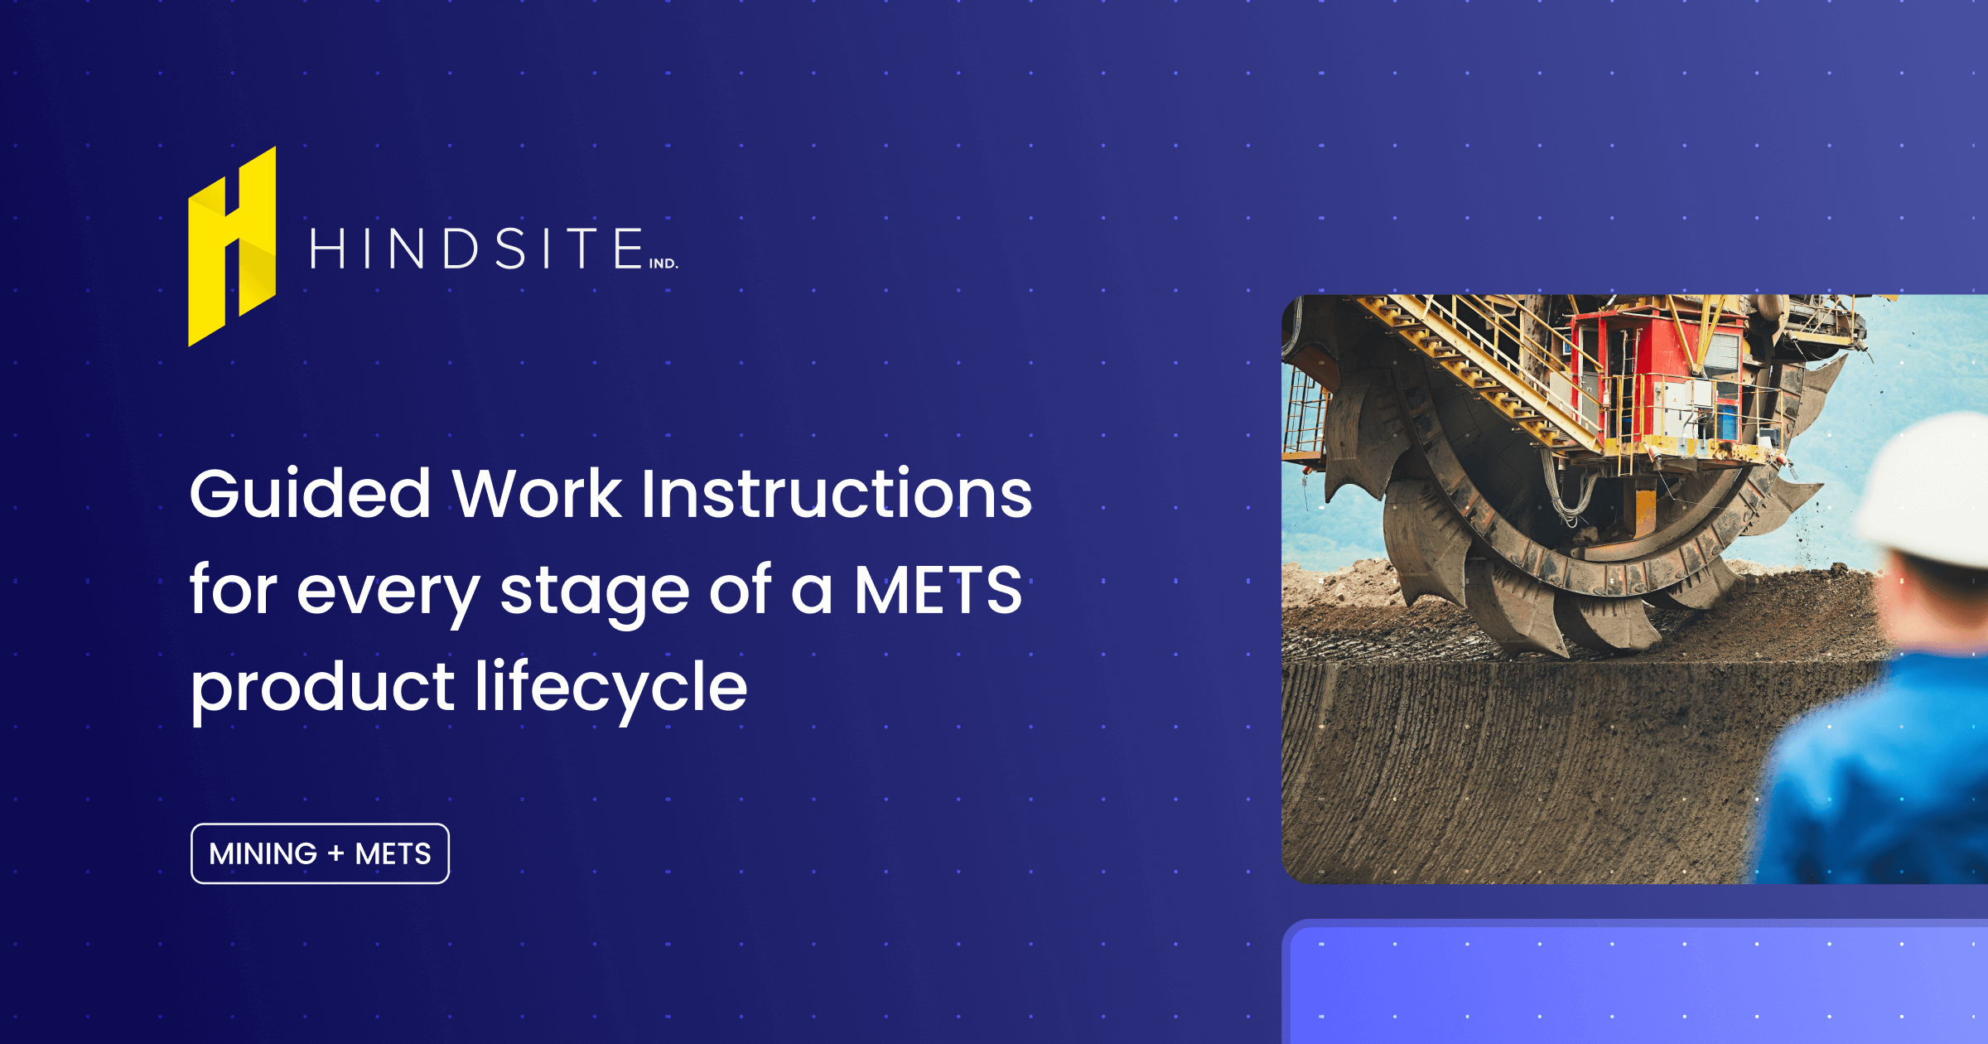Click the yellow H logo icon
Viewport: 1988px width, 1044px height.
click(232, 247)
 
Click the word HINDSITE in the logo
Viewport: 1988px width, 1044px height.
click(476, 249)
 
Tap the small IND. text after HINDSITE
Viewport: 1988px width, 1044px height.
click(663, 263)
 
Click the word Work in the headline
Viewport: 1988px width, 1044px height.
click(537, 495)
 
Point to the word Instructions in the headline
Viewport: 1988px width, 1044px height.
click(837, 495)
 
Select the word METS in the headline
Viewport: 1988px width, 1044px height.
click(938, 591)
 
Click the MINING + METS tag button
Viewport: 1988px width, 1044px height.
click(320, 853)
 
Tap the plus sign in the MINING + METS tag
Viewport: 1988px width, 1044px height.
click(335, 853)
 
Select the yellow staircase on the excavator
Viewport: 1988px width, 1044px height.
click(1483, 365)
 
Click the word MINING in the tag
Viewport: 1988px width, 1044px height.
click(263, 853)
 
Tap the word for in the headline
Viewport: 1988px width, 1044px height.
click(232, 591)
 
